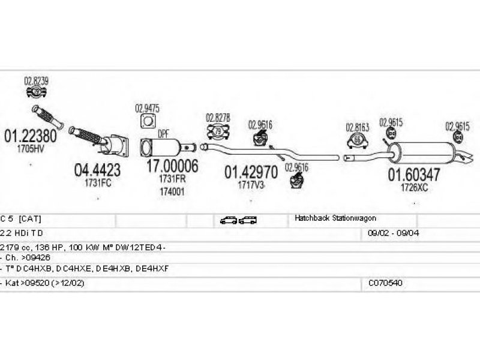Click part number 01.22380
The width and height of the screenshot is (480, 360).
31,136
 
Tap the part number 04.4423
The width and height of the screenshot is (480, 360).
97,170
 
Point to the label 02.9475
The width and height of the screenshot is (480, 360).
147,109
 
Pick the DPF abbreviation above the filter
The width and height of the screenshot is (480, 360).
163,134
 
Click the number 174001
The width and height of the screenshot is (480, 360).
172,192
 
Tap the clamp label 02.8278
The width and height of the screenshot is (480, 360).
218,118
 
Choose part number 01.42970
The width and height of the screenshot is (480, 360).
250,173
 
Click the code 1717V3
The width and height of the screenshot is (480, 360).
251,186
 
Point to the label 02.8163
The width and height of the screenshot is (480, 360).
357,127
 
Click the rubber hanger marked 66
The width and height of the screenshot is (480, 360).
358,141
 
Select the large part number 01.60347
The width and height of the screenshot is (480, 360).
413,175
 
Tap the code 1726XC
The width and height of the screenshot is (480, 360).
414,188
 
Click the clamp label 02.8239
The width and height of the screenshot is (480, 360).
36,80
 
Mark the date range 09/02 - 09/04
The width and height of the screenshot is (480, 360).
393,233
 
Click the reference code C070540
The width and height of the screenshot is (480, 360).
386,282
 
